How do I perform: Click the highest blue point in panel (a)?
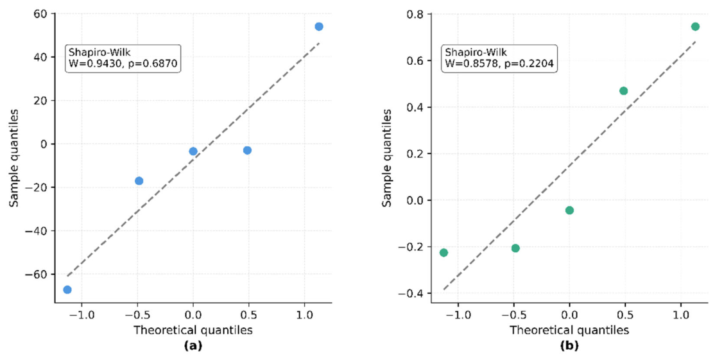(319, 26)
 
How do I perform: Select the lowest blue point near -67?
(67, 289)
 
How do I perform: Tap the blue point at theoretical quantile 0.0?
(193, 151)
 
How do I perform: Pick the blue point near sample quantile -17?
(139, 181)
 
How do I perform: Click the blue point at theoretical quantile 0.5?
(247, 150)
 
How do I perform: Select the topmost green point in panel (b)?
(695, 26)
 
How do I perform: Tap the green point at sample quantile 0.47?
(623, 90)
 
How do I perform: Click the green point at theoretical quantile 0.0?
(569, 210)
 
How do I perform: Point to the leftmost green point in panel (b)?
(444, 252)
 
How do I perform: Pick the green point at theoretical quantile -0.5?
(515, 248)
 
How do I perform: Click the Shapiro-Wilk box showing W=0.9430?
(123, 59)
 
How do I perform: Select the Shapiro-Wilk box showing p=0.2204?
(499, 58)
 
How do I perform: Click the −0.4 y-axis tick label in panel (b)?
(412, 293)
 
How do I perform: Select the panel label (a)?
(193, 346)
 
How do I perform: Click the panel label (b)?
(569, 346)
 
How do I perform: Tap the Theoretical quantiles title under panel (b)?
(569, 330)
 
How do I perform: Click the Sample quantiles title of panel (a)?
(14, 158)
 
